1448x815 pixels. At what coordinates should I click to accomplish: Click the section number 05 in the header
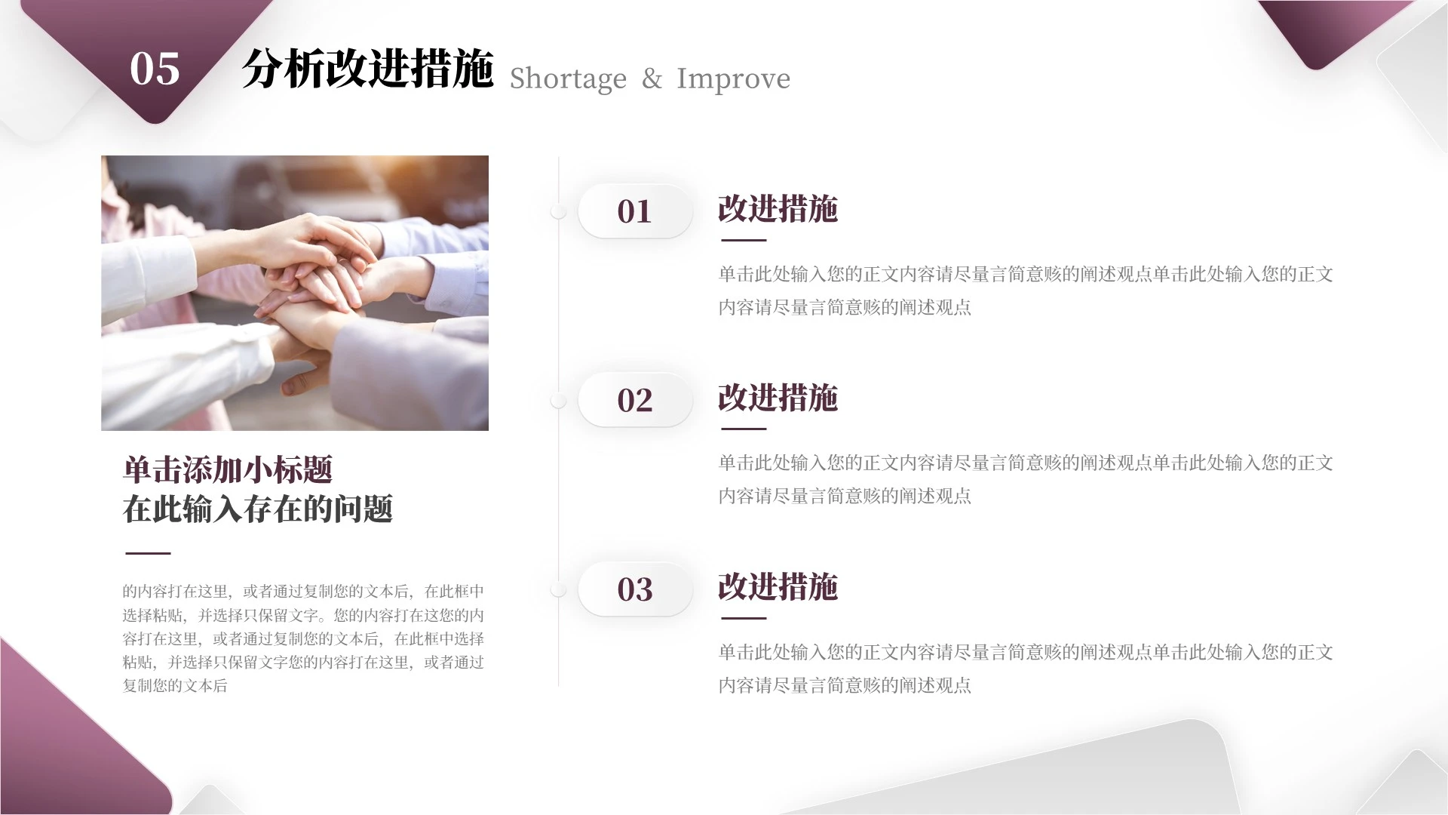click(x=155, y=69)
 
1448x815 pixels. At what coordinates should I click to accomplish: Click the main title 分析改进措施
click(x=367, y=69)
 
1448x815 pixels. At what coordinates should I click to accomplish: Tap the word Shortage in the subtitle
click(x=568, y=78)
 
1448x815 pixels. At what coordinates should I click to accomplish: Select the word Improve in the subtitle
click(x=733, y=78)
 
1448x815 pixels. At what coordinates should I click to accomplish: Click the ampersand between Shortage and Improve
click(x=652, y=78)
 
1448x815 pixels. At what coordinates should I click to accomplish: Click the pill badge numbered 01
click(x=634, y=211)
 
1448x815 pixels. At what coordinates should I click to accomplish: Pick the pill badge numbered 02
click(x=634, y=400)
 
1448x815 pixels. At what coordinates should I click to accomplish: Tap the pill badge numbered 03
click(x=634, y=589)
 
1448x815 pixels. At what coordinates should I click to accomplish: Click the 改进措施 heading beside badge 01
click(x=778, y=209)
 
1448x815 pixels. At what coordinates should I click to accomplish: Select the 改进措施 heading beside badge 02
click(x=778, y=398)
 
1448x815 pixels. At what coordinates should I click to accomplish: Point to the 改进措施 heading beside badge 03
click(x=778, y=586)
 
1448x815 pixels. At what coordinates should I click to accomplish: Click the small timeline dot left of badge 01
click(x=558, y=211)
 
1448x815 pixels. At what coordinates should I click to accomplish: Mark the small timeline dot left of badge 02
click(x=558, y=400)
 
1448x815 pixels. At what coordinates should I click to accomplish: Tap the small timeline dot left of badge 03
click(x=558, y=589)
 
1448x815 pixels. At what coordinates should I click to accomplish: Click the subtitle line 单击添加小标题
click(x=227, y=469)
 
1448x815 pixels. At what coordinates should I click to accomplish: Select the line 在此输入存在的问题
click(x=257, y=509)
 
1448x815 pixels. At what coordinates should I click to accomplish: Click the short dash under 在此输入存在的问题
click(x=148, y=553)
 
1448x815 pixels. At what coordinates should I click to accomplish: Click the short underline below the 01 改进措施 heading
click(x=744, y=240)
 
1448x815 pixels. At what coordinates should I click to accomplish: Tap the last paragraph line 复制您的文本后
click(x=175, y=686)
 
